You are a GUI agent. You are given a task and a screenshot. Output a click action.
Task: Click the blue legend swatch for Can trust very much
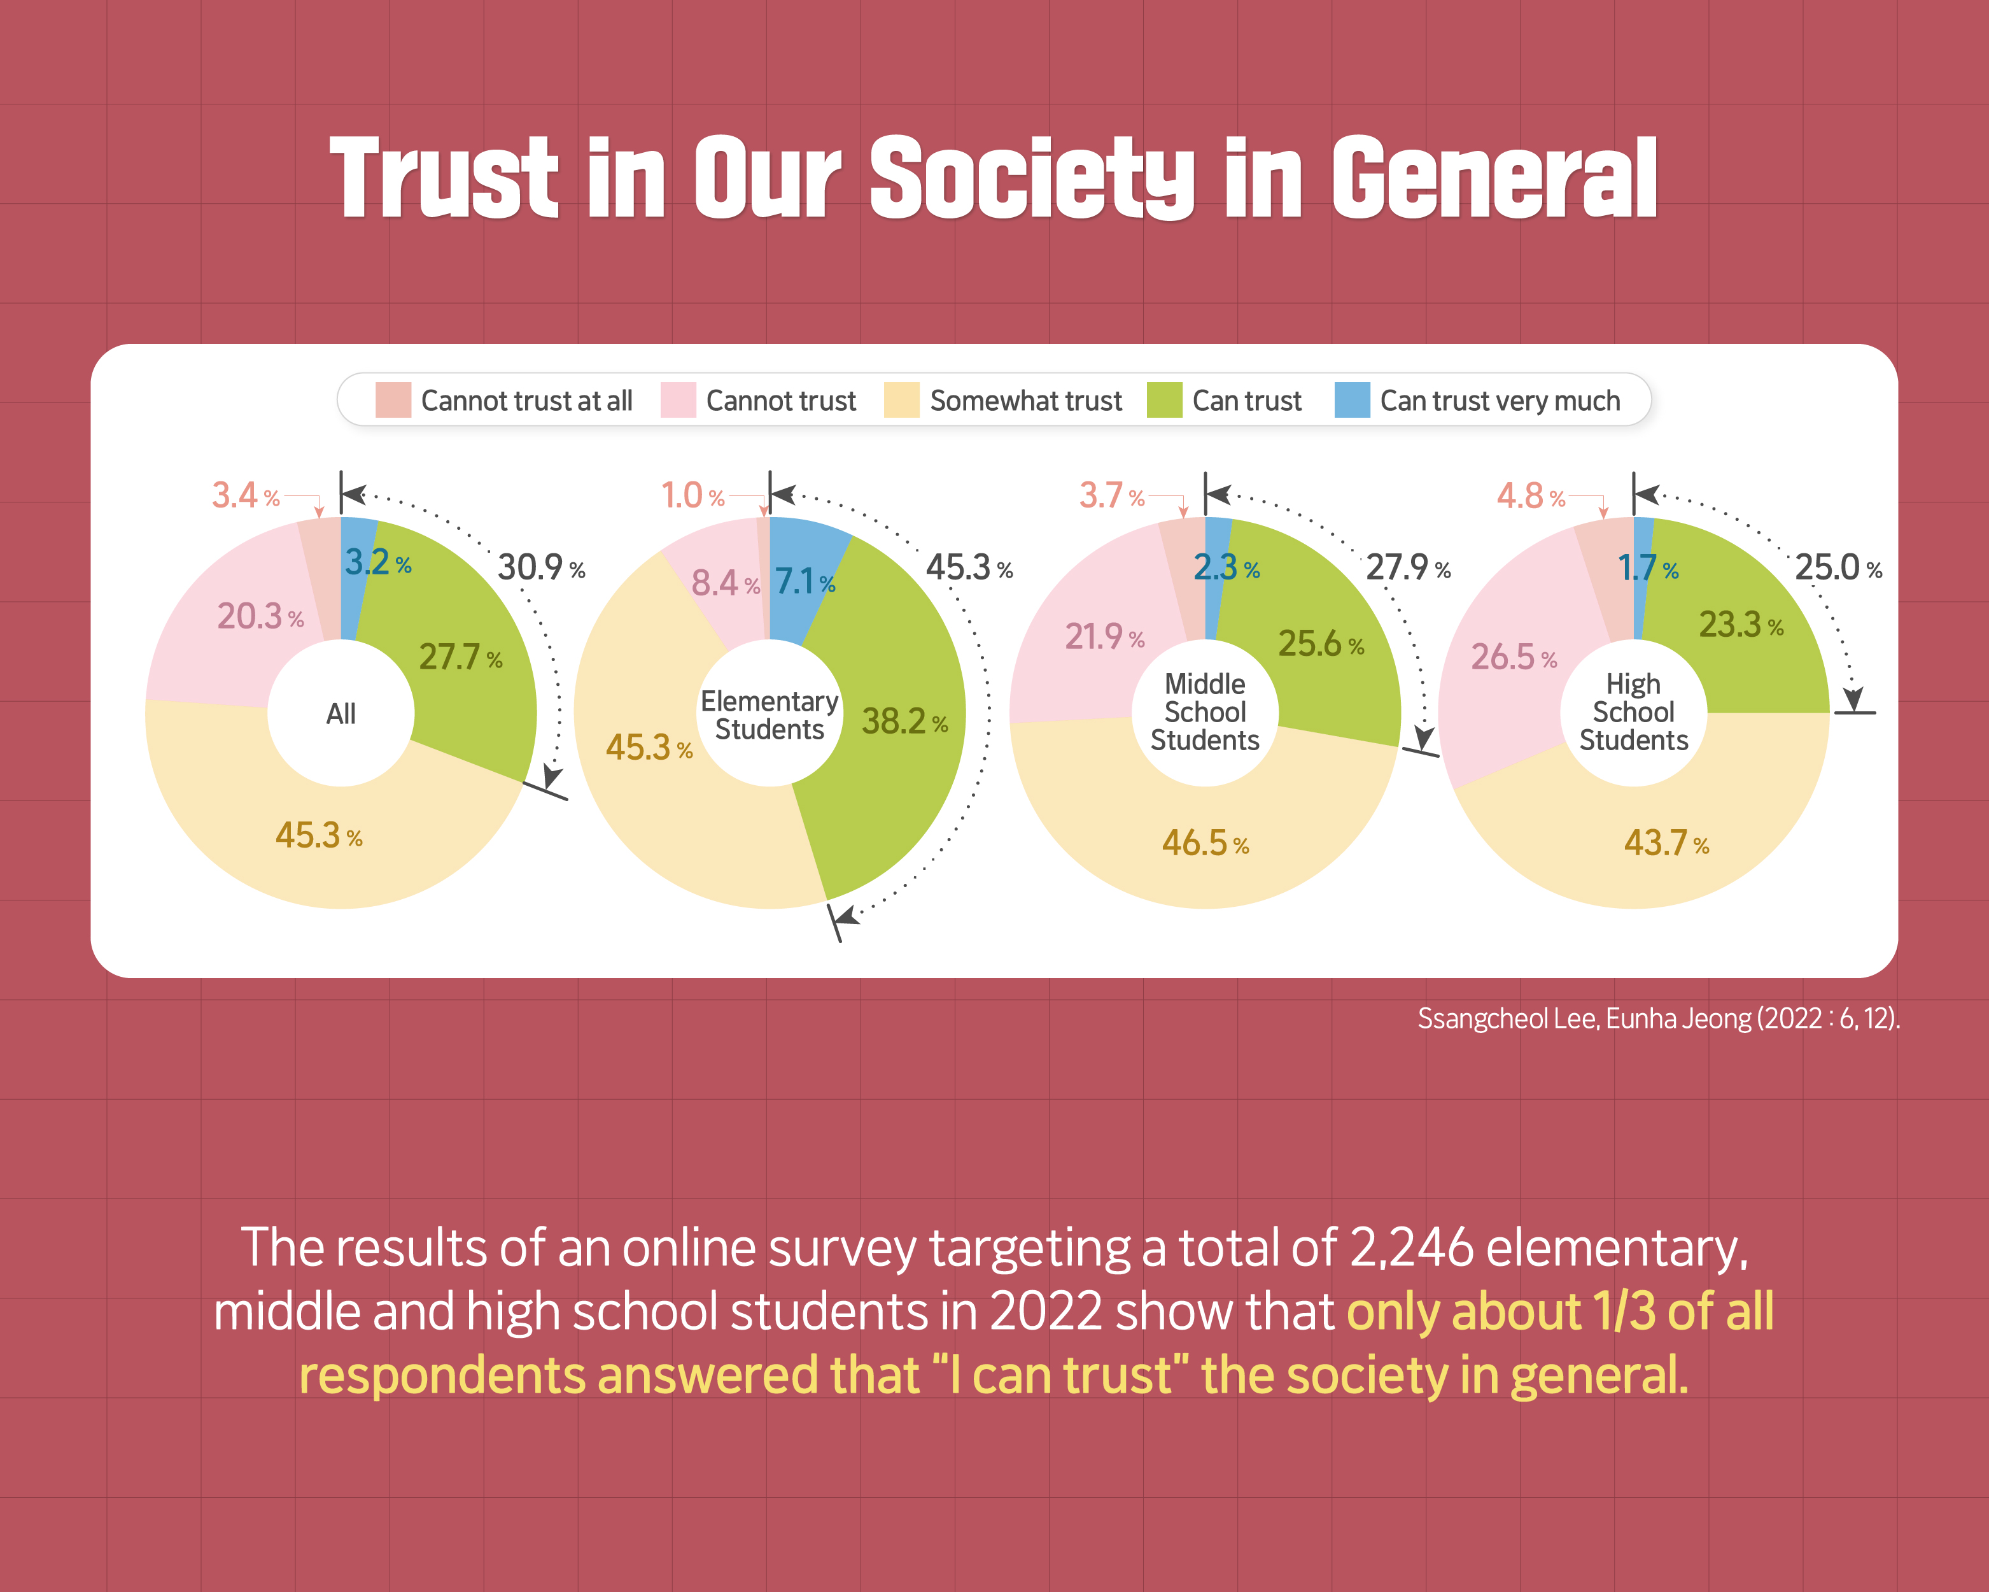pyautogui.click(x=1351, y=400)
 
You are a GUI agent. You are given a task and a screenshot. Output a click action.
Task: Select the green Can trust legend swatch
pyautogui.click(x=1164, y=400)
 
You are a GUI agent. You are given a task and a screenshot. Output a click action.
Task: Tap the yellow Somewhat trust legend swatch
pyautogui.click(x=901, y=400)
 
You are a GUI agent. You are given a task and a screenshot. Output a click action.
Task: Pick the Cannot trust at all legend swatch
pyautogui.click(x=393, y=400)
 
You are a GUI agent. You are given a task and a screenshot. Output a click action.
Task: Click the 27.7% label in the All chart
pyautogui.click(x=460, y=657)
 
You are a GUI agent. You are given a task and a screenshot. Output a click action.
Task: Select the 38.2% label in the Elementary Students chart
pyautogui.click(x=904, y=721)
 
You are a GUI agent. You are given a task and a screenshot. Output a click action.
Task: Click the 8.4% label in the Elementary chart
pyautogui.click(x=725, y=582)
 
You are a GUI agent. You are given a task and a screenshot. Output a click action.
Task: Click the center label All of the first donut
pyautogui.click(x=341, y=713)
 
